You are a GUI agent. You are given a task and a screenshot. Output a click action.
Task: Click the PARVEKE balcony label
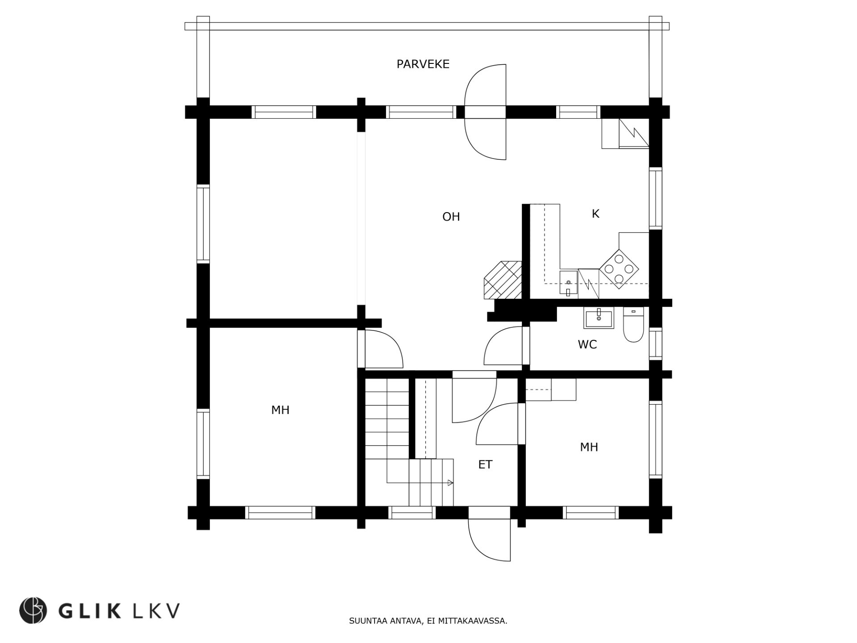(423, 64)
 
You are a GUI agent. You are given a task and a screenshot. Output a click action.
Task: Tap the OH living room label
(451, 217)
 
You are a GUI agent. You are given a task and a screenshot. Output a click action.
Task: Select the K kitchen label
(595, 214)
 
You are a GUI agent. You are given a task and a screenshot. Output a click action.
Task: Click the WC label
(587, 345)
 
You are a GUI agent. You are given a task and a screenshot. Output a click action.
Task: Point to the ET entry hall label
(485, 465)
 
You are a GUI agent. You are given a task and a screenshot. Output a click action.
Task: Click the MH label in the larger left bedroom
(280, 410)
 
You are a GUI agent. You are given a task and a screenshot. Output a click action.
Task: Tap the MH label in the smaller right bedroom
(589, 447)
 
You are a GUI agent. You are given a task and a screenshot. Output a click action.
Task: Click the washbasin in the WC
(599, 317)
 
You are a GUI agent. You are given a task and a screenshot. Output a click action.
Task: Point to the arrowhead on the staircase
(450, 483)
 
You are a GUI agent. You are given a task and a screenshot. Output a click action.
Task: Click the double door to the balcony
(486, 112)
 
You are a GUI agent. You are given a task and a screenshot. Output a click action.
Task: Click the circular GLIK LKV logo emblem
(33, 610)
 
